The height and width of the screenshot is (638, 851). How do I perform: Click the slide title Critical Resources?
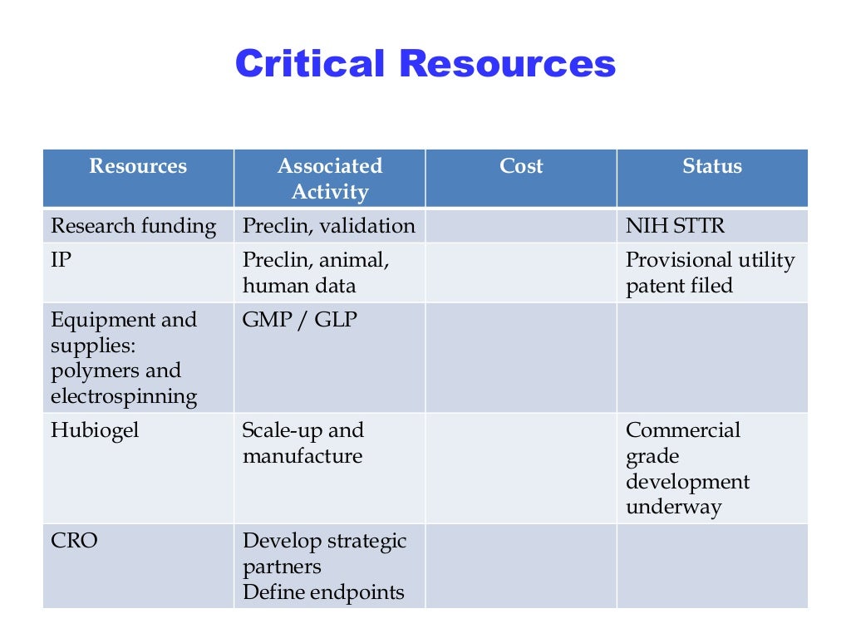point(425,64)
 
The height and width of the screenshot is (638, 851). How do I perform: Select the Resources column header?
point(138,166)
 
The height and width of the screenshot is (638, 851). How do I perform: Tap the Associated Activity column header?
point(329,179)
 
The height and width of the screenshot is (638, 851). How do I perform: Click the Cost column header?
point(520,166)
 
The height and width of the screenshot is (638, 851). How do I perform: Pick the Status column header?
point(711,166)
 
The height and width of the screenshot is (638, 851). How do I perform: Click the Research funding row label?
point(134,226)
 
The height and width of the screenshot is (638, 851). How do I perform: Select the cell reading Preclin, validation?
point(328,226)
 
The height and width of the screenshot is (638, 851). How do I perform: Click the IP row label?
point(61,260)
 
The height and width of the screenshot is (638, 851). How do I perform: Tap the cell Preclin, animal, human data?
point(315,272)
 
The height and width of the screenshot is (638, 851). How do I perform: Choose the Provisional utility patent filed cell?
point(710,272)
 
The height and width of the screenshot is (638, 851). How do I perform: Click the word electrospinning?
point(124,396)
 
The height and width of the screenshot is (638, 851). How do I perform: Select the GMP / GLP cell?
point(299,320)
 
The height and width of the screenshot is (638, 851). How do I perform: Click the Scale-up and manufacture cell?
point(303,443)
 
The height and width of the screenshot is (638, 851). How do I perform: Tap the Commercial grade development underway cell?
point(687,469)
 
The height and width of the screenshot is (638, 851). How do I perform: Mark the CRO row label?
point(74,541)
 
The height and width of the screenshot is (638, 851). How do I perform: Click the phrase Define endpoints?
point(323,592)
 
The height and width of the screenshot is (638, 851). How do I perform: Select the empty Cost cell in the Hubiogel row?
point(520,469)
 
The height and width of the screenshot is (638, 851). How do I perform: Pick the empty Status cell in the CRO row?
point(711,566)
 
